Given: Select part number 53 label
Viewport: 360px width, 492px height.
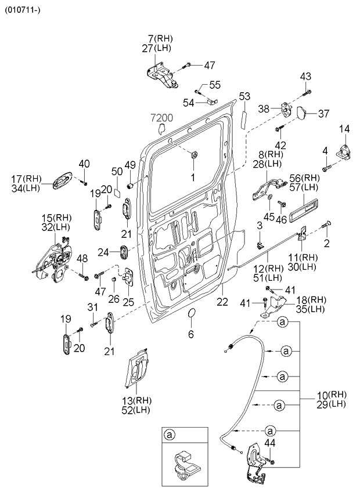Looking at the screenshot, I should point(244,96).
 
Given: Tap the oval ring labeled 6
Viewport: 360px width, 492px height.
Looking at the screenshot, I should point(191,316).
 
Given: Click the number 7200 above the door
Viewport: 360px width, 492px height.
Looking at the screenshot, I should point(163,118).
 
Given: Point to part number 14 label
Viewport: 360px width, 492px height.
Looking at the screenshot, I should point(345,129).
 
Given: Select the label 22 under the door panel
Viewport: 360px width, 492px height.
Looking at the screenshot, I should point(222,302).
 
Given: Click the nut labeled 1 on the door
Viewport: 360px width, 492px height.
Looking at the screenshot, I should point(194,154).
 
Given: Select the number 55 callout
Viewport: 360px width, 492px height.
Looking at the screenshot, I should point(215,85).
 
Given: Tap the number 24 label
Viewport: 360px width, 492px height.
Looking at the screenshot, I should point(103,252).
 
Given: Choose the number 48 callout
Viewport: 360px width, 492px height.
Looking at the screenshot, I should point(82,258).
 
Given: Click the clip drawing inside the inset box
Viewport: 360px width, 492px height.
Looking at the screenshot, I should point(184,464).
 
